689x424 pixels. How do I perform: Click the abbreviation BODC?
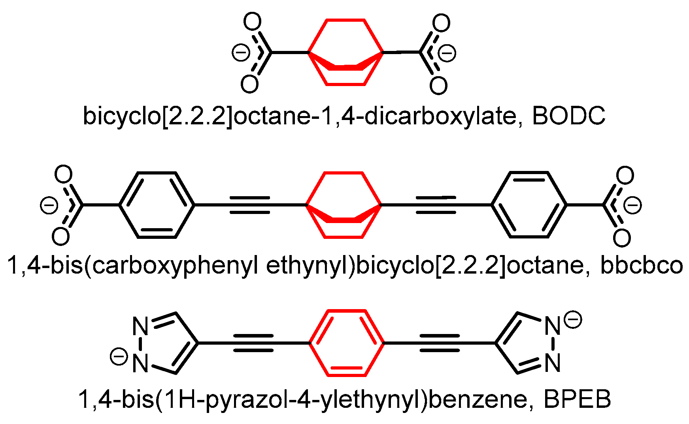tap(568, 116)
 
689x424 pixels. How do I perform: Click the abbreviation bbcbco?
tap(641, 266)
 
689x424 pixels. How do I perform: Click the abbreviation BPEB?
tap(577, 400)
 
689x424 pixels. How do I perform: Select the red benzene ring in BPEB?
tap(346, 343)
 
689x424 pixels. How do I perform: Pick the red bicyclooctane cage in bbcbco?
tap(344, 205)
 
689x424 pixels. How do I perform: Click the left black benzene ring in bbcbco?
tap(157, 205)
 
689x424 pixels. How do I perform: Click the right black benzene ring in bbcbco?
tap(529, 205)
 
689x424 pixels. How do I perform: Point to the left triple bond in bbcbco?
tap(250, 205)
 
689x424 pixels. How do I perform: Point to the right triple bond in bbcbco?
tap(436, 205)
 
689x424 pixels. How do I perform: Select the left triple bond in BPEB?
tap(253, 343)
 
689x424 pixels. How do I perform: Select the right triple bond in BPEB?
tap(439, 343)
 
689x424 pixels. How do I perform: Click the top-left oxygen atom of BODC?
tap(252, 23)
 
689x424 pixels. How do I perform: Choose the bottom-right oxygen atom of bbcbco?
tap(621, 238)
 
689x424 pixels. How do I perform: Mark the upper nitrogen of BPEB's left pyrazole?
tap(140, 326)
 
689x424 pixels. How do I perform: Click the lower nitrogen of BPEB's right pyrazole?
tap(552, 362)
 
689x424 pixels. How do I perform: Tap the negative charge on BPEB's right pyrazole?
tap(573, 319)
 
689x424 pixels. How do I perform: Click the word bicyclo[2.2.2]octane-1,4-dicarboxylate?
tap(299, 116)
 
